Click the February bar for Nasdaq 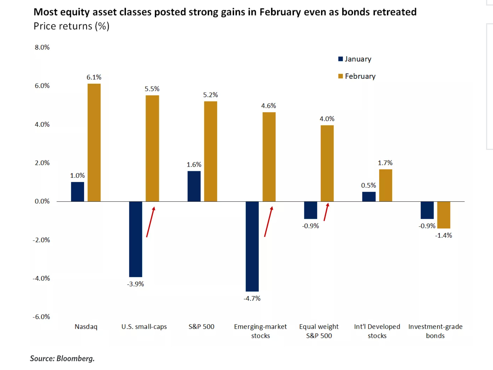tap(94, 142)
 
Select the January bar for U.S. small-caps tap(135, 239)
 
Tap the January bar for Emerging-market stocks tap(252, 246)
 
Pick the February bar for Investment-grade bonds tap(444, 215)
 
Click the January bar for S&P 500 tap(194, 186)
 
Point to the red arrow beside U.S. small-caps tap(151, 222)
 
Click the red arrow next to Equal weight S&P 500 tap(326, 212)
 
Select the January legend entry tap(355, 59)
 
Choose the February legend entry tap(357, 76)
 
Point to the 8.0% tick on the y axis tap(42, 47)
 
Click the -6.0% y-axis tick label tap(41, 317)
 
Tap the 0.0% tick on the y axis tap(42, 201)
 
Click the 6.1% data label tap(94, 77)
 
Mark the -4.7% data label tap(252, 298)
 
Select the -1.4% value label tap(443, 235)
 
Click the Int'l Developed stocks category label tap(377, 331)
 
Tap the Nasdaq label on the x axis tap(86, 327)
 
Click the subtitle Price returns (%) tap(71, 26)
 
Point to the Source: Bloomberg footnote tap(62, 358)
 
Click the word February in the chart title tap(280, 12)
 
